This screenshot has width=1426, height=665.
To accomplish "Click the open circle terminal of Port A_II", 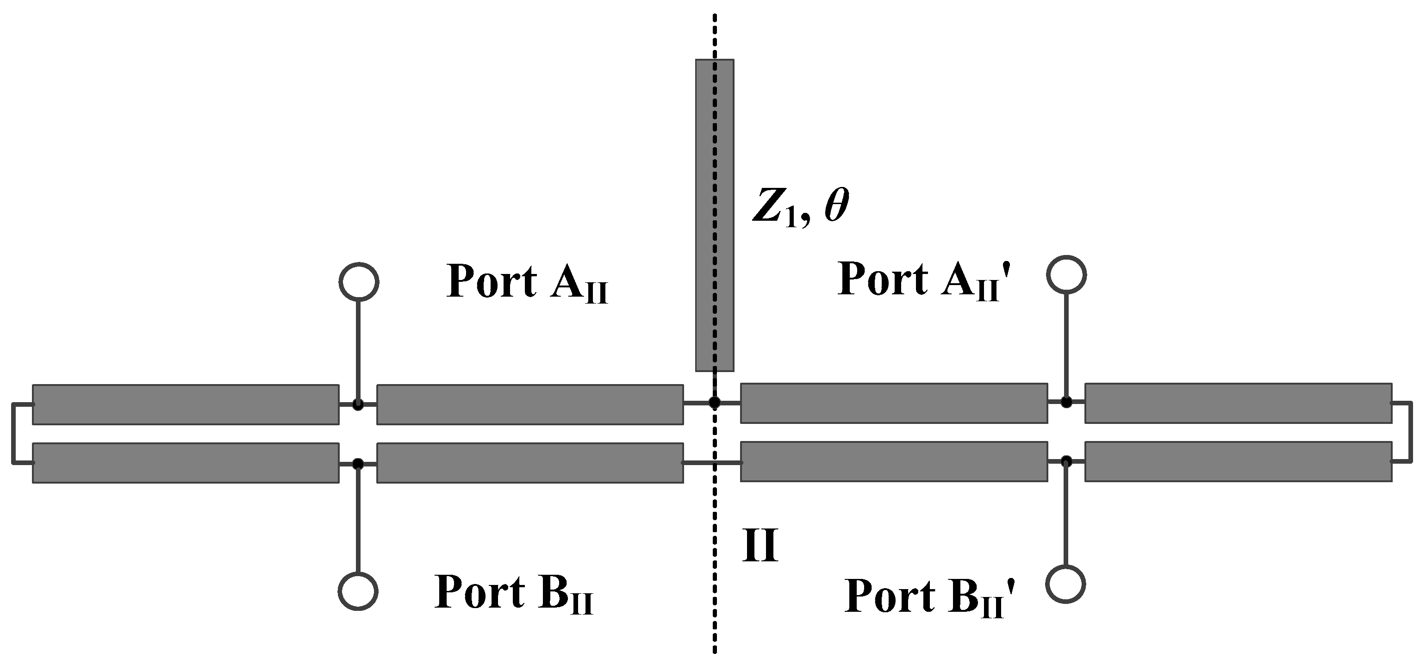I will [x=359, y=282].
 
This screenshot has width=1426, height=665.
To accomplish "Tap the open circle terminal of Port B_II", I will [x=358, y=591].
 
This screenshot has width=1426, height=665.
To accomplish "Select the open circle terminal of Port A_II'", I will [x=1066, y=274].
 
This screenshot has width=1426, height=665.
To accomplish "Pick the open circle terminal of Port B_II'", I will [x=1065, y=584].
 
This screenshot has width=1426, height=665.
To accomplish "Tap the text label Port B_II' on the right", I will [x=930, y=597].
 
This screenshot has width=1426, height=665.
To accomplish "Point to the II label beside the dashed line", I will [x=760, y=546].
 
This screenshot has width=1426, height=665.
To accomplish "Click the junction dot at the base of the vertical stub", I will [x=715, y=403].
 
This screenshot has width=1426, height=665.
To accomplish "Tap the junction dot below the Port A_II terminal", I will [x=358, y=405].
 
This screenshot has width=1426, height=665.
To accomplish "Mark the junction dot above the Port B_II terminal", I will [x=358, y=463].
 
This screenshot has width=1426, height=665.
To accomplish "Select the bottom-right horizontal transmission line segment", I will [x=1238, y=461].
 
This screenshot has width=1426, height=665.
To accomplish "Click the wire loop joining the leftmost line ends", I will [x=13, y=434].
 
